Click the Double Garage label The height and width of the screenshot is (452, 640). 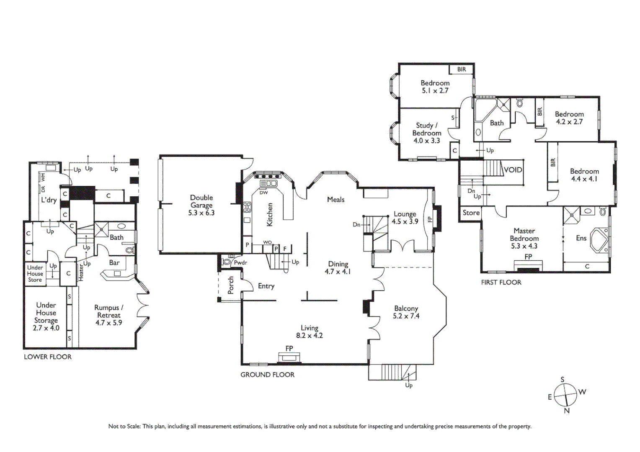(201, 201)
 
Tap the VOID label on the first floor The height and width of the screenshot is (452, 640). (513, 170)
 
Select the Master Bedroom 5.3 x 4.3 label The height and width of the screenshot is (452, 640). (524, 238)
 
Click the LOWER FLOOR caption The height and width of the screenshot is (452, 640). (48, 357)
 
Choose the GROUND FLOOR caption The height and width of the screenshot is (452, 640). (267, 375)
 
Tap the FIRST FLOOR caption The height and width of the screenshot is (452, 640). (501, 282)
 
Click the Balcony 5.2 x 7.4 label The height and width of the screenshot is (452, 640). (406, 312)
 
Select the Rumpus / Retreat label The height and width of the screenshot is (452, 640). (109, 311)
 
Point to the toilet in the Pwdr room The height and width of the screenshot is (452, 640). (227, 261)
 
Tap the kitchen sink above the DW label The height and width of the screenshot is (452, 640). (268, 183)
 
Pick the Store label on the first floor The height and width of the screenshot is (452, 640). (471, 213)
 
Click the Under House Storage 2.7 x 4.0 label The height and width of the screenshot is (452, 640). (46, 316)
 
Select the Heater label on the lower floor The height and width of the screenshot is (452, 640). (81, 272)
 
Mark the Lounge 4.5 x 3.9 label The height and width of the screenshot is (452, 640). (405, 218)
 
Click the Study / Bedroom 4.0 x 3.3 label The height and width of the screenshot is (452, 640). (427, 133)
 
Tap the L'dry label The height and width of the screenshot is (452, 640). (49, 200)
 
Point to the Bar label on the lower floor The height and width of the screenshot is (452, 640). (114, 263)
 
